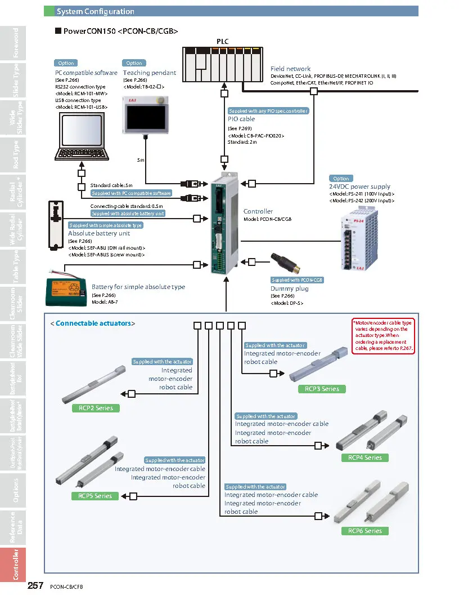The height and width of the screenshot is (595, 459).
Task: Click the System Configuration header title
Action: pyautogui.click(x=96, y=11)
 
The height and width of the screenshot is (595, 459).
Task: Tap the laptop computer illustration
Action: pyautogui.click(x=82, y=135)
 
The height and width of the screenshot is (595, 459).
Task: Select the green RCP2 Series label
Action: pyautogui.click(x=96, y=408)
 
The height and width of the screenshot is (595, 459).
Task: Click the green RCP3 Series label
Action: pyautogui.click(x=322, y=389)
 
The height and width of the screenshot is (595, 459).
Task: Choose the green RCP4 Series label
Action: pyautogui.click(x=364, y=458)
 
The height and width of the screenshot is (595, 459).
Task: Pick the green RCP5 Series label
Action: pyautogui.click(x=95, y=496)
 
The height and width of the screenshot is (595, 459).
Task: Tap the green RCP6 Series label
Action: pyautogui.click(x=364, y=531)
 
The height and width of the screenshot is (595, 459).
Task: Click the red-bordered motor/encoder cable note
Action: pyautogui.click(x=382, y=336)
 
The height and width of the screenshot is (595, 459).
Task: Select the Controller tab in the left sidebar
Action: pyautogui.click(x=16, y=564)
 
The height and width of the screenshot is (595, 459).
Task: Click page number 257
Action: pyautogui.click(x=35, y=586)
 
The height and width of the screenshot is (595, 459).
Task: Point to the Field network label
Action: pyautogui.click(x=290, y=69)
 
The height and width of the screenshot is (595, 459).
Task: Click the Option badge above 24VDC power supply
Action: pyautogui.click(x=341, y=179)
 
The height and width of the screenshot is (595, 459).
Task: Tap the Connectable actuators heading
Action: pyautogui.click(x=93, y=323)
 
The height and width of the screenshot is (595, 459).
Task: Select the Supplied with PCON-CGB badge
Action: pyautogui.click(x=297, y=280)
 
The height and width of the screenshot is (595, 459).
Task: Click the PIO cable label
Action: pyautogui.click(x=241, y=119)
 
